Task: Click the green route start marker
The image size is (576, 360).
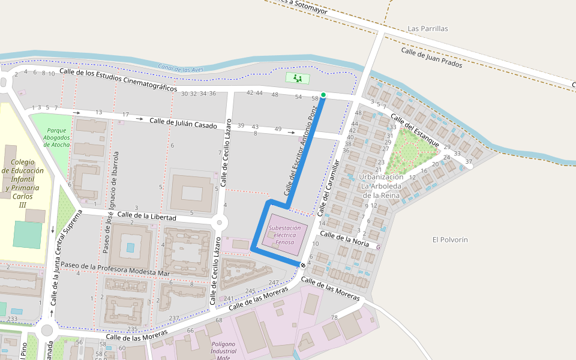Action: pos(323,95)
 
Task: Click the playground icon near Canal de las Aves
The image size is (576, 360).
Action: pos(297,78)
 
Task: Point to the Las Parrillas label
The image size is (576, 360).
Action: pos(427,28)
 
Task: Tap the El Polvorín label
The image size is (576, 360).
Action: pos(450,239)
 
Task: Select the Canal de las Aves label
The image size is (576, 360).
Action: pos(181,68)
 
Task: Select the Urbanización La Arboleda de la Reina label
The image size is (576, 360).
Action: pos(380,186)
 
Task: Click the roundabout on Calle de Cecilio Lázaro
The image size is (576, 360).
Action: pos(219,223)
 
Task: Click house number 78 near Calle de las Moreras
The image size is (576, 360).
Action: pos(334,317)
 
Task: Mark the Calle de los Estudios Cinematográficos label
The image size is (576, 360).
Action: pos(118,80)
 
